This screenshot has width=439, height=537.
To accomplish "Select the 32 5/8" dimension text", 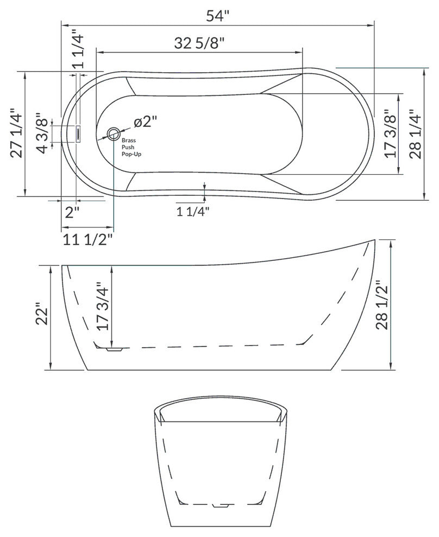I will pos(199,43).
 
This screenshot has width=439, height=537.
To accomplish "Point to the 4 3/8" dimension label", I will pos(42,133).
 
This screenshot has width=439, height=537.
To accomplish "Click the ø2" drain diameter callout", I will pos(145,122).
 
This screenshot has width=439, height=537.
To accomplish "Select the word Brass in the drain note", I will pos(129,140).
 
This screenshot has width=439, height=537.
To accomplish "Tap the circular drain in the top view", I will pos(114,133).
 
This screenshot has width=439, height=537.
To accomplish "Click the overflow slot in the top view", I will pos(78,133).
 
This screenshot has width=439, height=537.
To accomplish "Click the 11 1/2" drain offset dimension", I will pos(87,239).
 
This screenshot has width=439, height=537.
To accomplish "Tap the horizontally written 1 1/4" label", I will pos(193,212).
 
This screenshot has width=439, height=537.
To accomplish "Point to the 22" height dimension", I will pos(42,317).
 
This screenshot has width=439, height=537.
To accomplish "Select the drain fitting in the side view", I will pos(115,350).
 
